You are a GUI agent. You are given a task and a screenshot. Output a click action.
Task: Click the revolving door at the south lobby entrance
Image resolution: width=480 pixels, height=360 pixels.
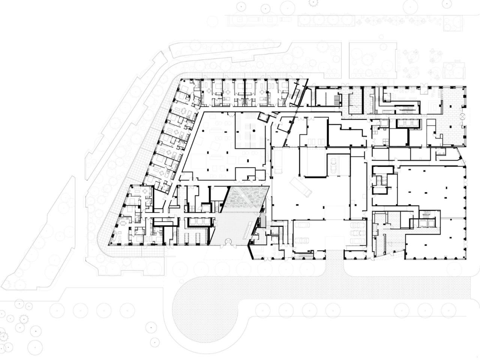point(227,242)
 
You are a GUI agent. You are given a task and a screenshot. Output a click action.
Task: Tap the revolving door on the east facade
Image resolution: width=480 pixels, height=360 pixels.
point(463,117)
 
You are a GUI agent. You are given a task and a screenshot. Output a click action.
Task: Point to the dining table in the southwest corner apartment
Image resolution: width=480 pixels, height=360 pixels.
point(123,224)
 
